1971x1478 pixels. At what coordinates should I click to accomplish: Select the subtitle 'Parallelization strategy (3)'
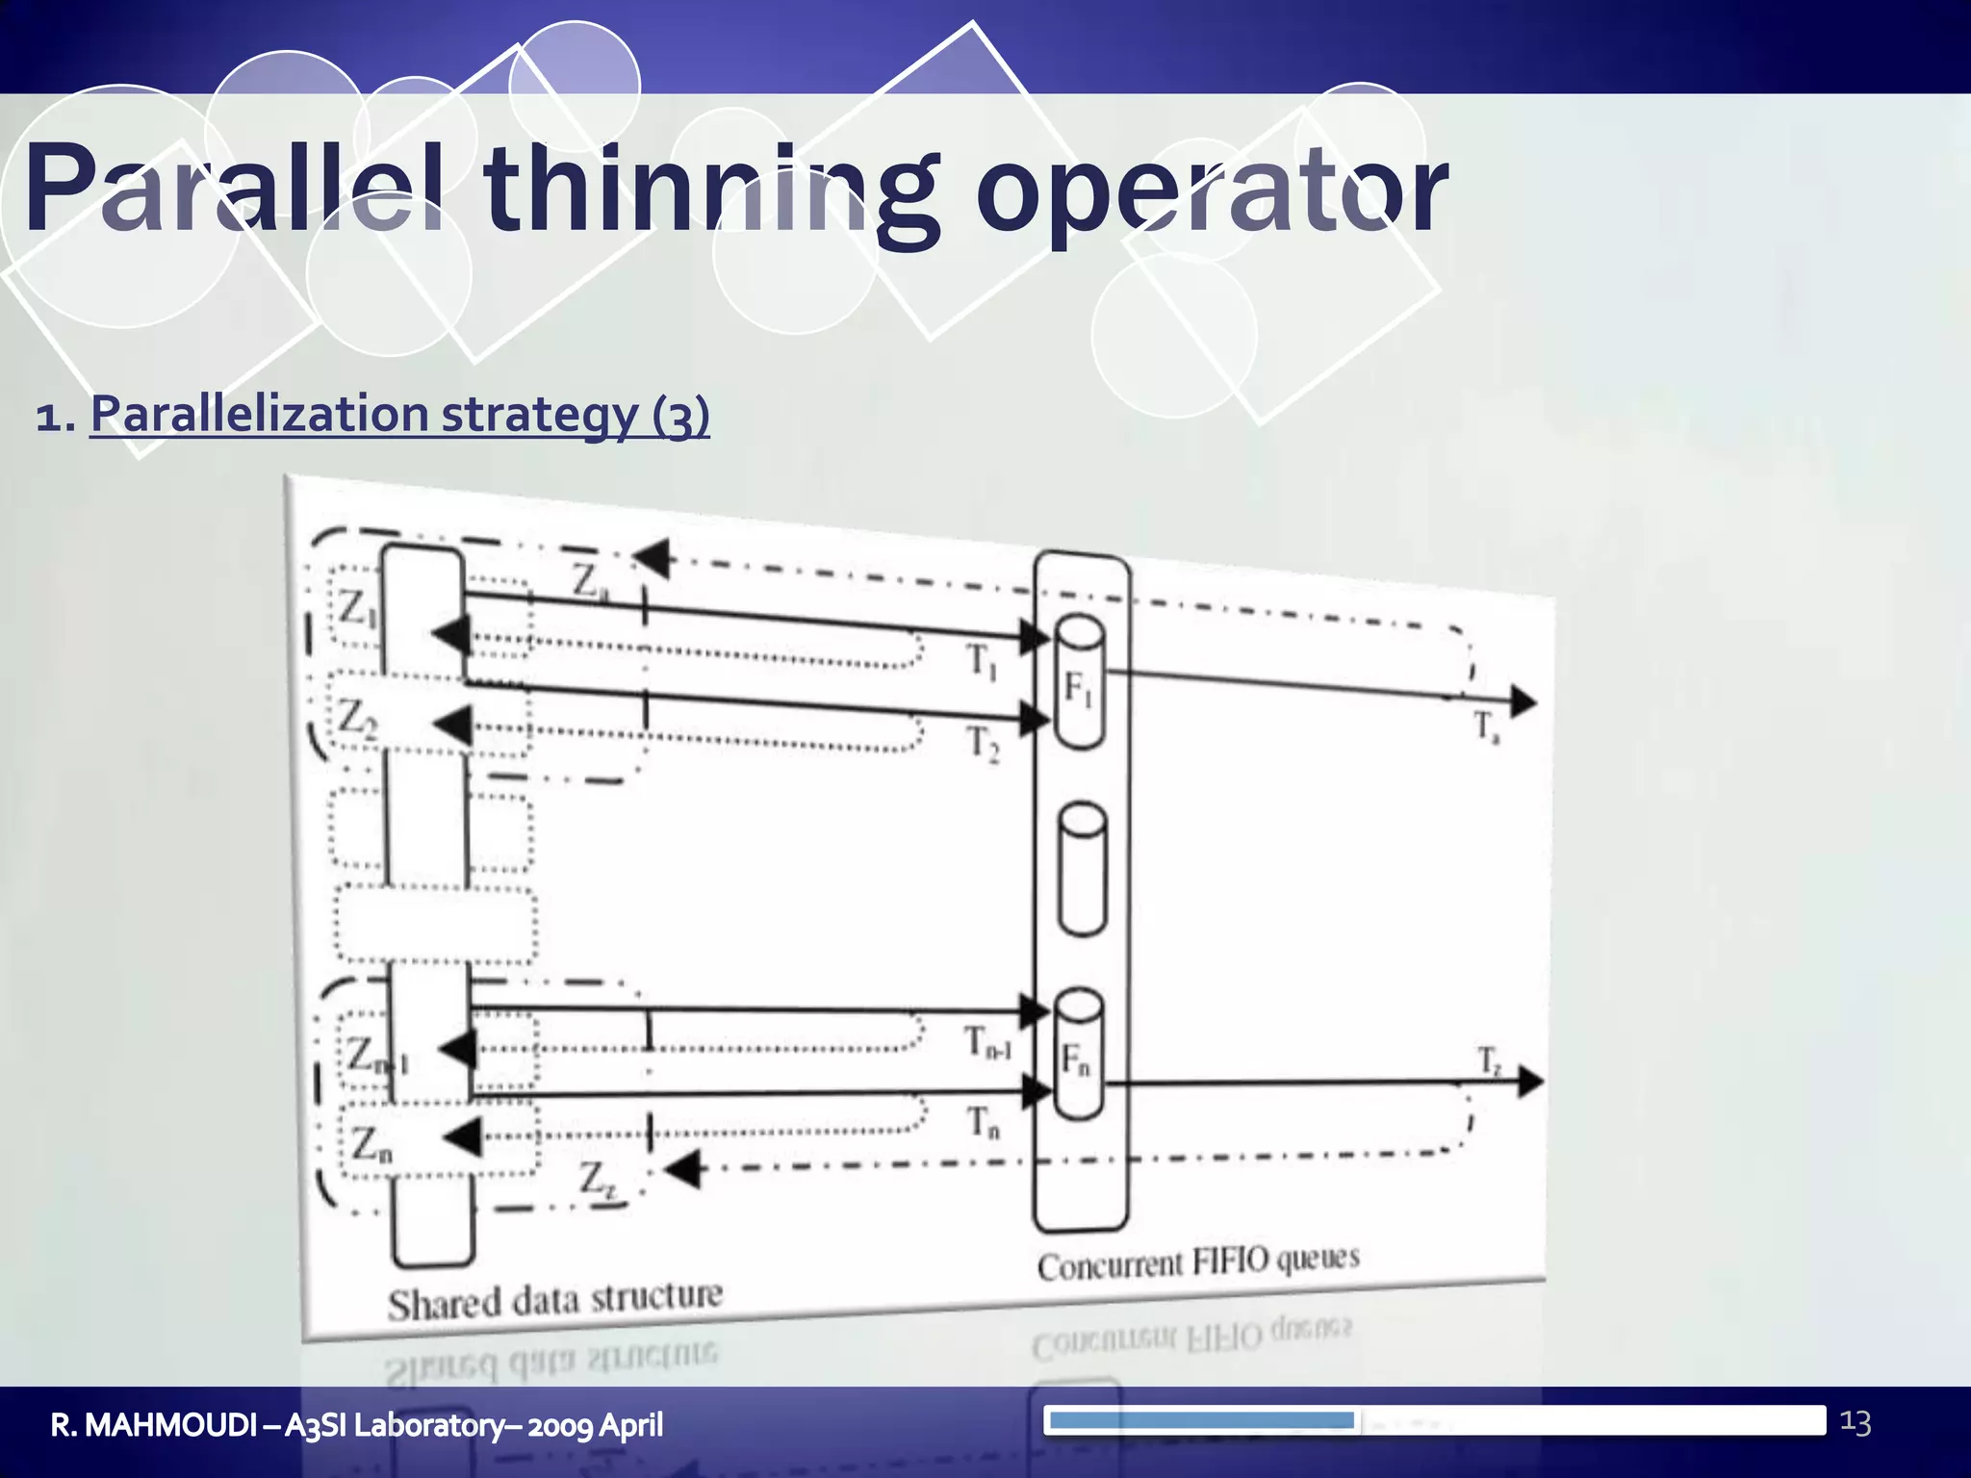tap(399, 415)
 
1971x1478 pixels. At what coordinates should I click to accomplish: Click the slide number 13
tap(1855, 1422)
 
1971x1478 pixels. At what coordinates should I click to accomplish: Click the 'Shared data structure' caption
tap(554, 1301)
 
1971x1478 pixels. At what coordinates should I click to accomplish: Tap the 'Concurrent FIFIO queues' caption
tap(1198, 1261)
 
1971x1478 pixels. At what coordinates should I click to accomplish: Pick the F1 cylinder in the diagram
tap(1079, 683)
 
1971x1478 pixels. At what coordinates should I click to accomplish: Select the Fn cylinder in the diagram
tap(1079, 1056)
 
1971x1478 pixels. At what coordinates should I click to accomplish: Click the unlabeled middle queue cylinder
tap(1082, 869)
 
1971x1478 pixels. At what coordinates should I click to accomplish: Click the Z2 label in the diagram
tap(355, 718)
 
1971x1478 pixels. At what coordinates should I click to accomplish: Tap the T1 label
tap(982, 661)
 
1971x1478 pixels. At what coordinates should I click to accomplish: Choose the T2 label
tap(983, 743)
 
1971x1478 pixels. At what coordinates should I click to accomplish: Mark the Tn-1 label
tap(987, 1043)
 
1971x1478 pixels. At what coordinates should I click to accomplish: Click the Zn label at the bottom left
tap(371, 1144)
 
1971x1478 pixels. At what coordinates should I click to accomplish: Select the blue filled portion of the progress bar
tap(1201, 1420)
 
